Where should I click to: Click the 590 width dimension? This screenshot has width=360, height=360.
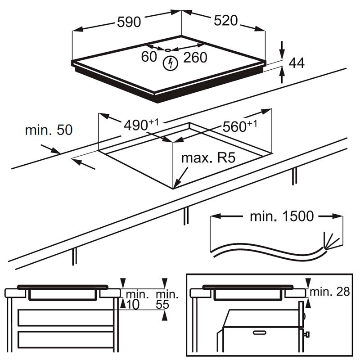click(129, 22)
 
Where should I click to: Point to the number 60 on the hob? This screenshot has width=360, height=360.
click(149, 57)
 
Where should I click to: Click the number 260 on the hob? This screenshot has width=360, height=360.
click(194, 57)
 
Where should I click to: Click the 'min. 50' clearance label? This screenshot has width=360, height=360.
click(49, 130)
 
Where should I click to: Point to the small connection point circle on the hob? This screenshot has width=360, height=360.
click(167, 50)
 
